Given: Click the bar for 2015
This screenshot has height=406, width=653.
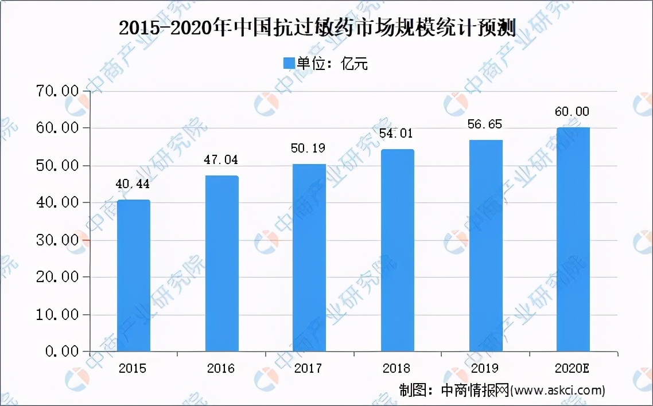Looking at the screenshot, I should [x=134, y=275].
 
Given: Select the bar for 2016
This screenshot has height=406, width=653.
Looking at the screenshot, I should [x=221, y=263].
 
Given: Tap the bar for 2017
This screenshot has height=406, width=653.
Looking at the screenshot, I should [x=309, y=257].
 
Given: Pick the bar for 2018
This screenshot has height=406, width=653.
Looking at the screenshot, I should [x=397, y=250].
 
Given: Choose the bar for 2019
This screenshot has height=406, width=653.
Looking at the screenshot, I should [x=485, y=245].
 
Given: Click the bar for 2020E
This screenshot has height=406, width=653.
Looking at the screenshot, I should [x=573, y=239].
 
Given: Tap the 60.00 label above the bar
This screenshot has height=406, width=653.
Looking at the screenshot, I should [x=572, y=111].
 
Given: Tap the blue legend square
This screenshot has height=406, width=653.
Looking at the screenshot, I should [x=287, y=63].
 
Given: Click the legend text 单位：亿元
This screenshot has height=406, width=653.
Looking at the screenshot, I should [x=332, y=64].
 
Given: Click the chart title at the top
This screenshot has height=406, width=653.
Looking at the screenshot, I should [x=317, y=28].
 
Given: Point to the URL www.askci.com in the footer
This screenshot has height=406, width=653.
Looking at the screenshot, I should [x=558, y=391].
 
